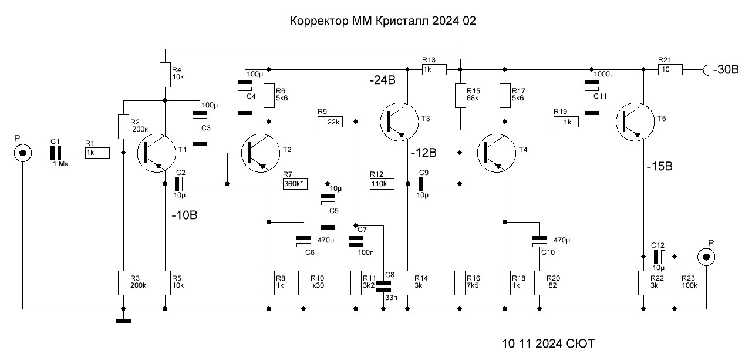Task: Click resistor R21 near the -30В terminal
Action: (x=670, y=69)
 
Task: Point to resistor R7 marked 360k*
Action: (x=295, y=184)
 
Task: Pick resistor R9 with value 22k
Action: (x=330, y=122)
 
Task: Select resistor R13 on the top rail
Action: (x=434, y=69)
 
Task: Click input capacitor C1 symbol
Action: (x=56, y=153)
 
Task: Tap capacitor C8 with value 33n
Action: (x=383, y=287)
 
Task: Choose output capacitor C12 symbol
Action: (x=659, y=257)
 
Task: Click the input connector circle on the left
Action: (x=22, y=153)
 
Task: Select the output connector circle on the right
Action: (x=706, y=257)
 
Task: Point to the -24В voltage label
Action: (x=382, y=80)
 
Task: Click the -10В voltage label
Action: (x=184, y=215)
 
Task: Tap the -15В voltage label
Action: (x=659, y=166)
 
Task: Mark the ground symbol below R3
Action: (x=123, y=321)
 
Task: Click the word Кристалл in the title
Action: (x=402, y=21)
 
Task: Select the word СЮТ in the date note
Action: (x=581, y=343)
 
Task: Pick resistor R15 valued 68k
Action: (x=460, y=96)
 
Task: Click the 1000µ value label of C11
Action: (x=603, y=74)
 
